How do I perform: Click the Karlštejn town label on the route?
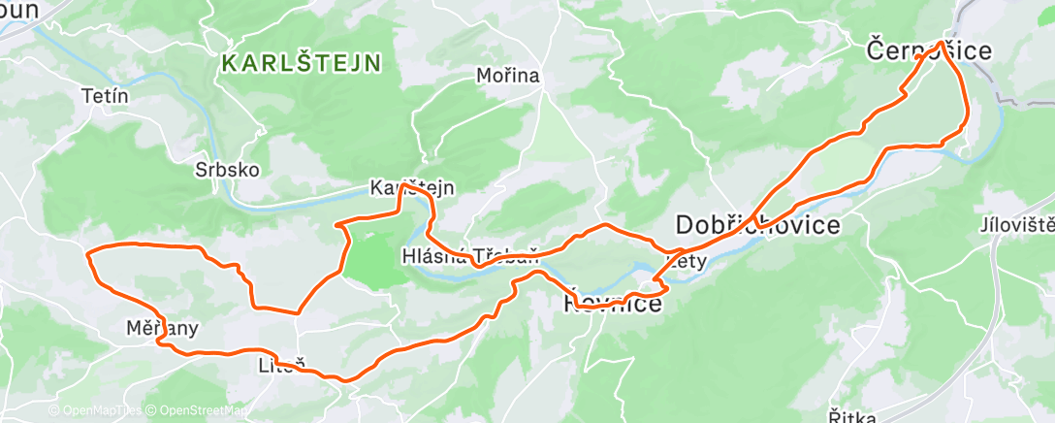412,187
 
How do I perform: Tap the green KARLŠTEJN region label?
301,64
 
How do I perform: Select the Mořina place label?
507,76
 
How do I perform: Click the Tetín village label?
106,96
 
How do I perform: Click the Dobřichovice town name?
757,225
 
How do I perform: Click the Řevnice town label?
613,305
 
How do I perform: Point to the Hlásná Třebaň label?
469,257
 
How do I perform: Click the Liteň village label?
282,366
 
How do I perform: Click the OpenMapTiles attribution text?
96,410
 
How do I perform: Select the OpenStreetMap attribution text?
199,410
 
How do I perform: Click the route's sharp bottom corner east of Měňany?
296,312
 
